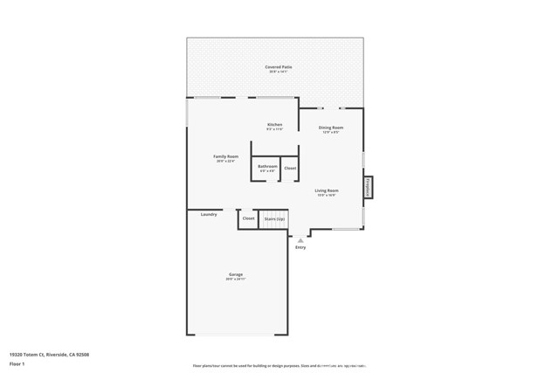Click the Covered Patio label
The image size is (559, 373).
279,66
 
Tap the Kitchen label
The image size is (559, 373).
274,125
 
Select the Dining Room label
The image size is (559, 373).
330,128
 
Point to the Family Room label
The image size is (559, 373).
225,156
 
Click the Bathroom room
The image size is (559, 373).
267,169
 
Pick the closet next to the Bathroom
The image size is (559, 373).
290,169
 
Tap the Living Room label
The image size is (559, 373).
327,190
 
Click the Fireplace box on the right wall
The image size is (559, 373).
368,187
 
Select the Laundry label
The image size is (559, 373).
208,214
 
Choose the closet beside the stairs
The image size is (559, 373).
248,218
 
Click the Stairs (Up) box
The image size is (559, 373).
274,218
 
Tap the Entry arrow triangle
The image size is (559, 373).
300,238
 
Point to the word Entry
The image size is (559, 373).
300,247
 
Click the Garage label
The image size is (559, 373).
236,274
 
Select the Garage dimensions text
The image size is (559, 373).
236,280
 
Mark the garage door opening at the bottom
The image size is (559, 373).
236,335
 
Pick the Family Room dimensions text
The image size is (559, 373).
225,162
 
